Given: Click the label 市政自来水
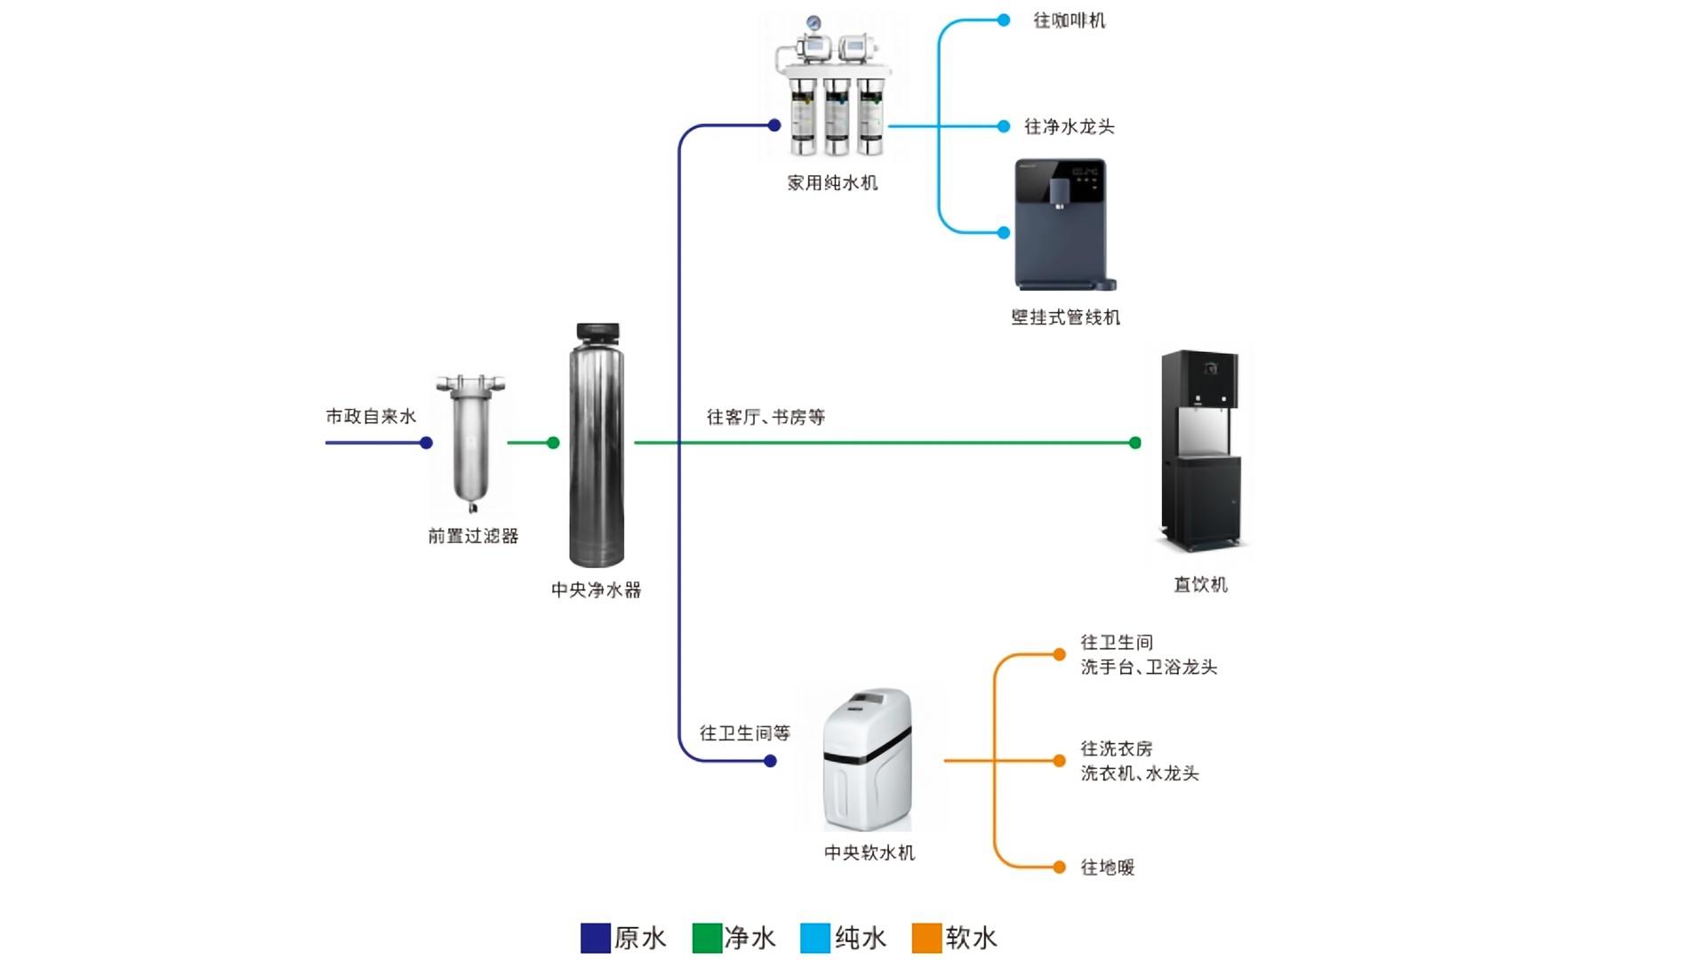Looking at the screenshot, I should click(371, 416).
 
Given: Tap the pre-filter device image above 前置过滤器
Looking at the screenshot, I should click(470, 442).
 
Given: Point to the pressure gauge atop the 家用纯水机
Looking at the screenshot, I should click(813, 23).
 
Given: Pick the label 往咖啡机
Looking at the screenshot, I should click(1069, 20).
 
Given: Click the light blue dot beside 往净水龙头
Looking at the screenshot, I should click(1004, 126).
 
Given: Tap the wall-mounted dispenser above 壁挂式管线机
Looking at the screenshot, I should click(1062, 224).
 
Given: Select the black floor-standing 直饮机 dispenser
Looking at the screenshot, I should click(1200, 449).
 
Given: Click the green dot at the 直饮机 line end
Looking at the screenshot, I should click(1135, 443).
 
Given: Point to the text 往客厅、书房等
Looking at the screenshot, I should click(765, 417).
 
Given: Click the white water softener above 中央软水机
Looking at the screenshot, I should click(868, 760).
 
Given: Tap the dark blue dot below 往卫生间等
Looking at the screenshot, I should click(771, 761).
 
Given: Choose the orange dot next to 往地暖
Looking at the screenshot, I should click(1059, 868).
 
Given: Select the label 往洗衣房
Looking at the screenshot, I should click(1116, 748).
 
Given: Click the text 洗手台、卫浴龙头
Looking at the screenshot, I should click(1149, 668).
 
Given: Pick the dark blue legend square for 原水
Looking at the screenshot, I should click(595, 938).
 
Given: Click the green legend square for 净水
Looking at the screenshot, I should click(707, 938).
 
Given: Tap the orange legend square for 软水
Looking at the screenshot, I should click(926, 938).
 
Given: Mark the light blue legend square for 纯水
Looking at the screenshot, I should click(815, 938).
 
